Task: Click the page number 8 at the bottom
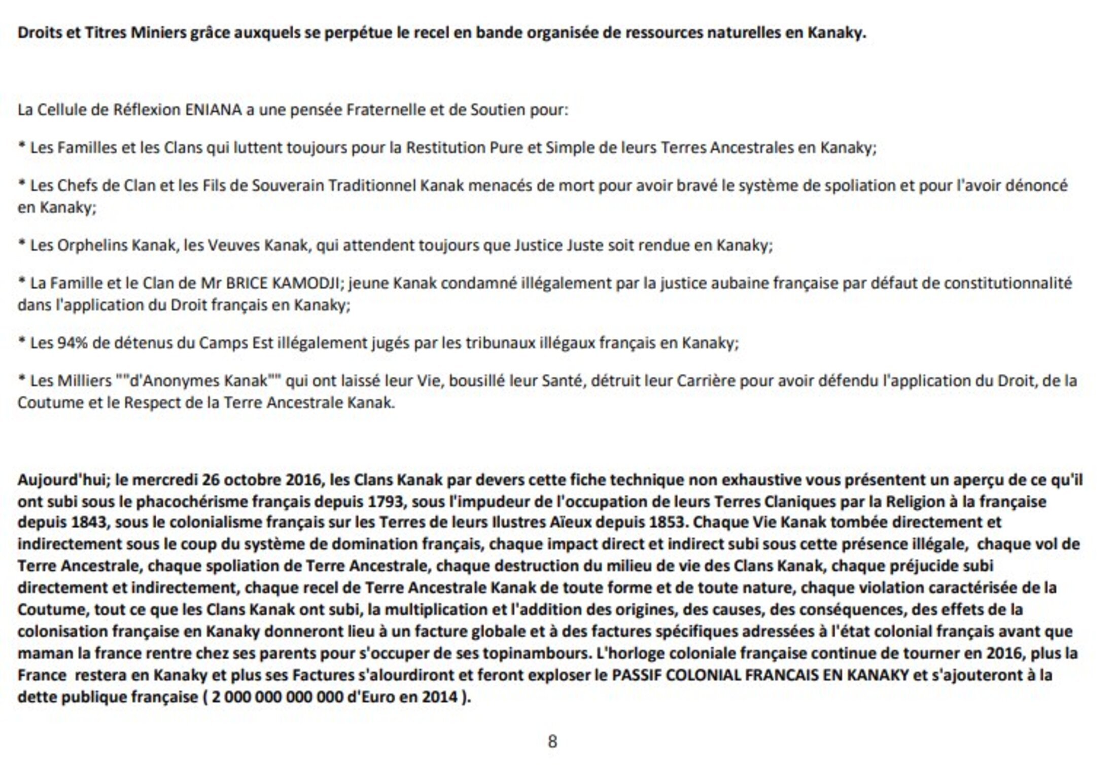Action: coord(552,742)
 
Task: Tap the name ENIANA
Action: coord(213,110)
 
